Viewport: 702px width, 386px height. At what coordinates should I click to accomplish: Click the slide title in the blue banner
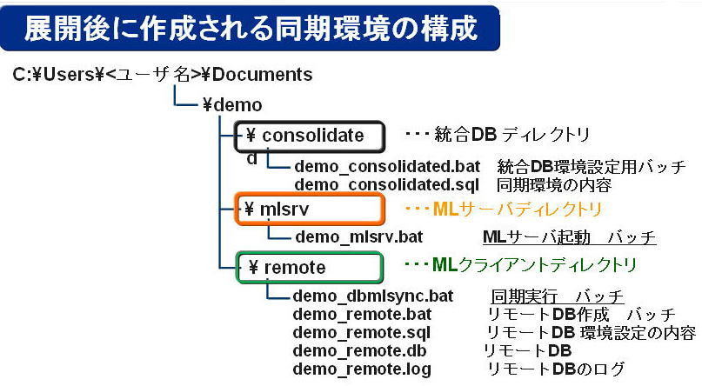pos(251,28)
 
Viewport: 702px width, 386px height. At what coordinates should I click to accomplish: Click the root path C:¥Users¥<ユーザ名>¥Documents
pos(163,75)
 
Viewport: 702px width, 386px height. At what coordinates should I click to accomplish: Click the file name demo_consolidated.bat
pos(387,166)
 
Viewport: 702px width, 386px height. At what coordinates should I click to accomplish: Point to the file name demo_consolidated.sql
pos(387,184)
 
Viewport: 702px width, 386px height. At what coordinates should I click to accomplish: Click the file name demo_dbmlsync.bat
pos(374,296)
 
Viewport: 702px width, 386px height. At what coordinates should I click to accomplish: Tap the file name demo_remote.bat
pos(362,314)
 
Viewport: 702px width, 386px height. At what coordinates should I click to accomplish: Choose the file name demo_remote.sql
pos(362,332)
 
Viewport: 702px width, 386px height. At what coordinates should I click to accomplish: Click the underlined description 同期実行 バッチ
pos(558,296)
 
